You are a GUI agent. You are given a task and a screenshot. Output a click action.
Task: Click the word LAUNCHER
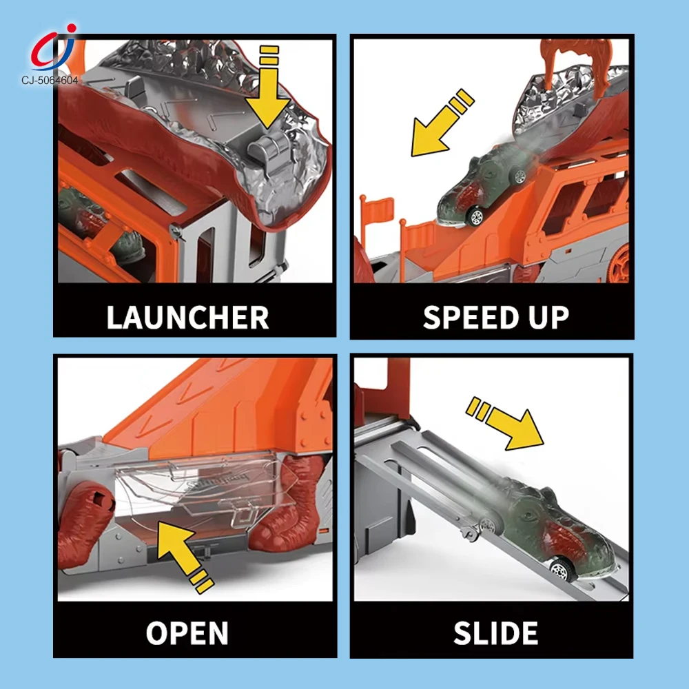coord(187,317)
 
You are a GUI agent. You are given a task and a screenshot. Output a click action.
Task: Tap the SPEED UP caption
coord(496,317)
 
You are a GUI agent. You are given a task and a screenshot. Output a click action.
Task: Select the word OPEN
coord(187,633)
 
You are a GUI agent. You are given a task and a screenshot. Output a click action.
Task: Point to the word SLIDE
coord(495,633)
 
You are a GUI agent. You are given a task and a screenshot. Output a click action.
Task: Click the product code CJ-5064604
coord(50,80)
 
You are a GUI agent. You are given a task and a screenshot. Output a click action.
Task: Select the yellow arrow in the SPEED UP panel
coord(442,123)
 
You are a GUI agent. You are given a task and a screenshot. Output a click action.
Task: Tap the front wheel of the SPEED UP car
coord(475,216)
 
